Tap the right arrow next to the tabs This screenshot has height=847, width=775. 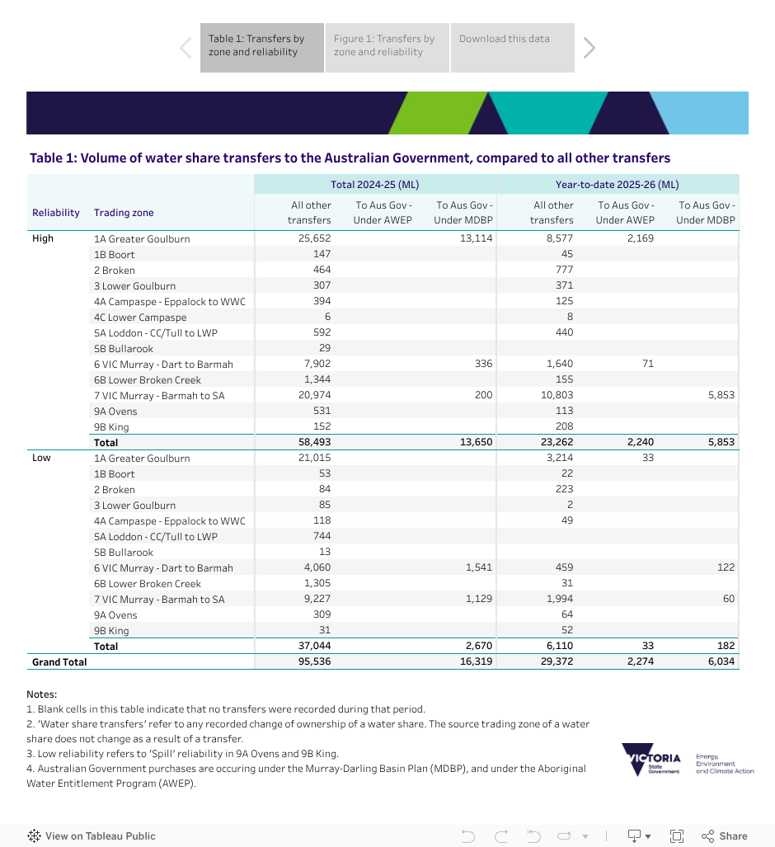click(589, 48)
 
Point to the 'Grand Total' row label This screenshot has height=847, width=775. click(59, 661)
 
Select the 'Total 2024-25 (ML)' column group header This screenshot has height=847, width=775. click(375, 185)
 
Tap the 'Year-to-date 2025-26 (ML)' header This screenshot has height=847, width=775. click(618, 185)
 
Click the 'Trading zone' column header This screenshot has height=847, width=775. click(124, 213)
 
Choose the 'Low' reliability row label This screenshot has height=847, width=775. click(41, 459)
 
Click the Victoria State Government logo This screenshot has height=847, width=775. click(651, 759)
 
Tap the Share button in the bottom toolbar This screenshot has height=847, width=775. click(725, 835)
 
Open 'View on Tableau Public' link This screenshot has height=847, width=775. click(92, 835)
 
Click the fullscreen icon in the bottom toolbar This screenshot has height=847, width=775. click(677, 835)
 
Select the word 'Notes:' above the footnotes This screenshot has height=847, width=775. click(41, 694)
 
